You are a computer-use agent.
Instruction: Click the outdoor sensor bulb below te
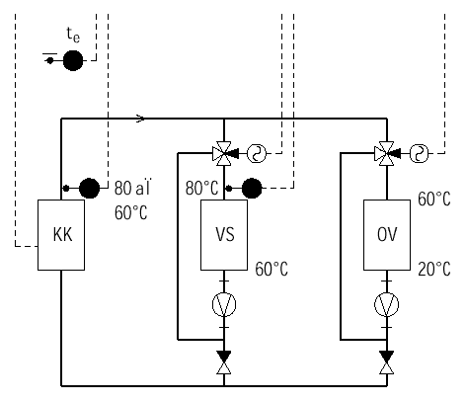73,60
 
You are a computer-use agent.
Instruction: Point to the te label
73,35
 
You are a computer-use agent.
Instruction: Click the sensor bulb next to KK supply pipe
89,188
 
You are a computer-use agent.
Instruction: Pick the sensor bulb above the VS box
252,188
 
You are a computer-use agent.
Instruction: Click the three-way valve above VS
224,153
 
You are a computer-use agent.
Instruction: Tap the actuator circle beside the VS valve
257,153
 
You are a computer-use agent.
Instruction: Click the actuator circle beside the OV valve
420,153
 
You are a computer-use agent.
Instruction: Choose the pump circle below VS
224,304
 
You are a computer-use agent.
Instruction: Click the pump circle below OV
387,304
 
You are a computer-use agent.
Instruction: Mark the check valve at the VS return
224,362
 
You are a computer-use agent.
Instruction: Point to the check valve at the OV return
387,362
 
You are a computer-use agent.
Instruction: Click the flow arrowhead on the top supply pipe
141,119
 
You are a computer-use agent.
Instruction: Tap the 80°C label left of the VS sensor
201,189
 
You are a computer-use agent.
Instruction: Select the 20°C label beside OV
434,269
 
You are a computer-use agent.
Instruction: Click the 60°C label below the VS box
272,269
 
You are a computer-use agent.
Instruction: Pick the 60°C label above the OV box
434,199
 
